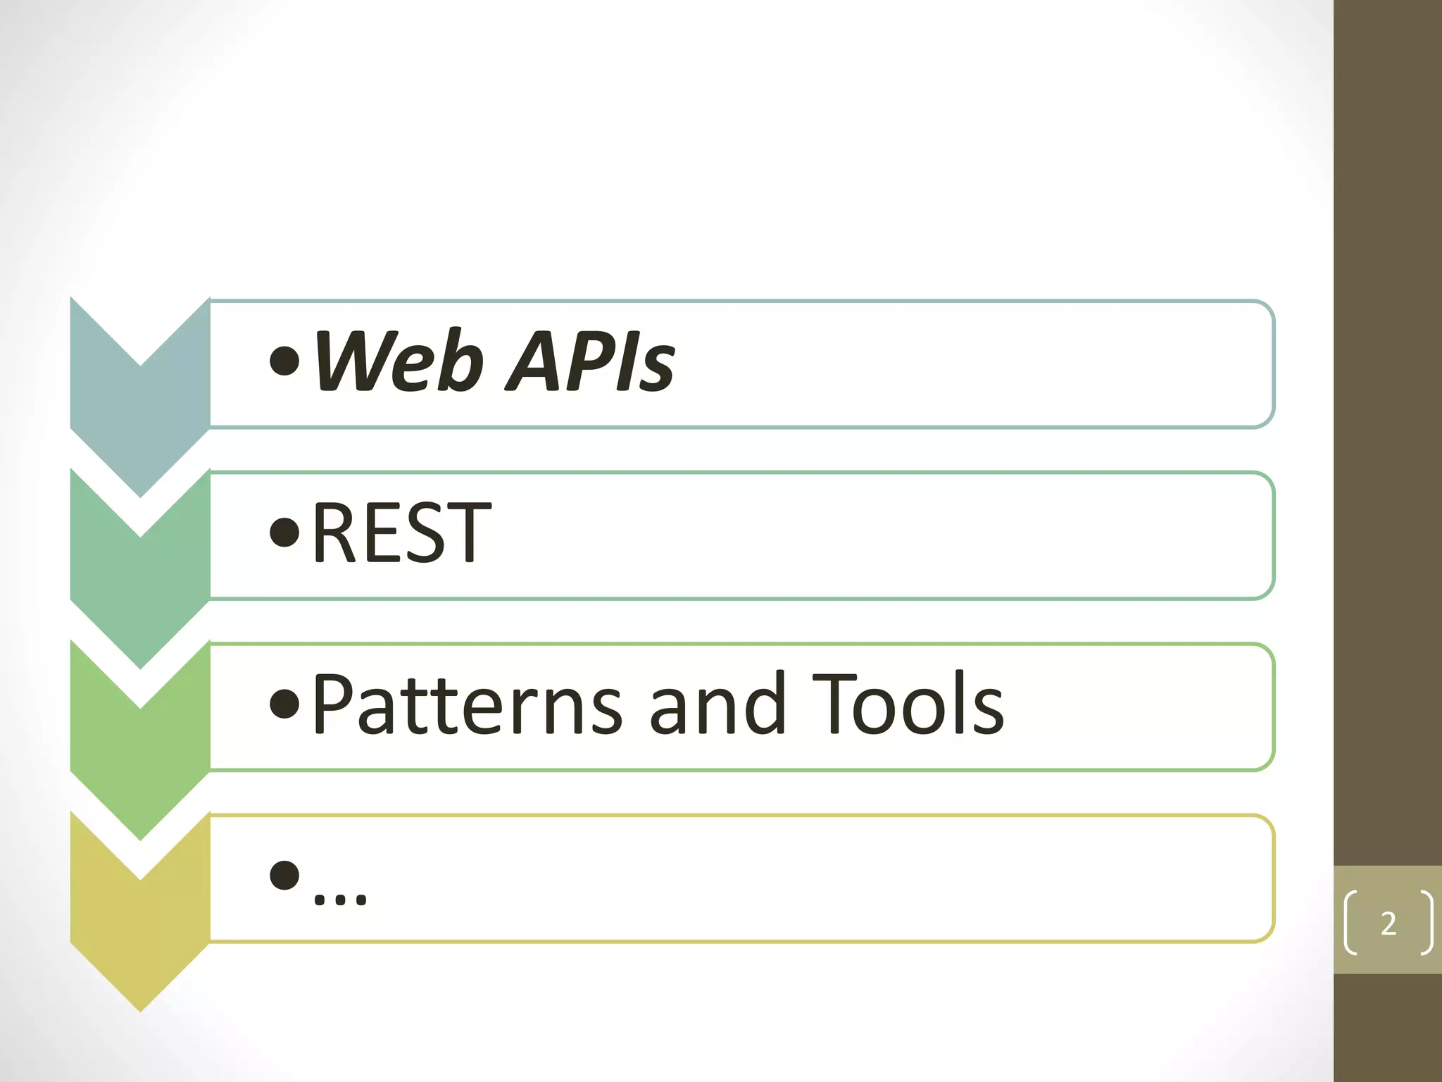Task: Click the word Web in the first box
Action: click(398, 361)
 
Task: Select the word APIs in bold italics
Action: click(590, 361)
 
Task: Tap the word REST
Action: click(401, 533)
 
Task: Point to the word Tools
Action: click(908, 704)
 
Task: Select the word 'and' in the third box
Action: click(717, 704)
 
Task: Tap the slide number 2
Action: click(1388, 924)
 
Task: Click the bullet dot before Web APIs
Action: click(284, 361)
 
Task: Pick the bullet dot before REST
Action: click(284, 533)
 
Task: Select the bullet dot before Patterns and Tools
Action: click(284, 704)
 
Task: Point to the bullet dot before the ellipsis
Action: click(284, 876)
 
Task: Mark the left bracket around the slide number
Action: click(1350, 924)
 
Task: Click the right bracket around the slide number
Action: click(1427, 924)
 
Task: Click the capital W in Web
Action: click(352, 361)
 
